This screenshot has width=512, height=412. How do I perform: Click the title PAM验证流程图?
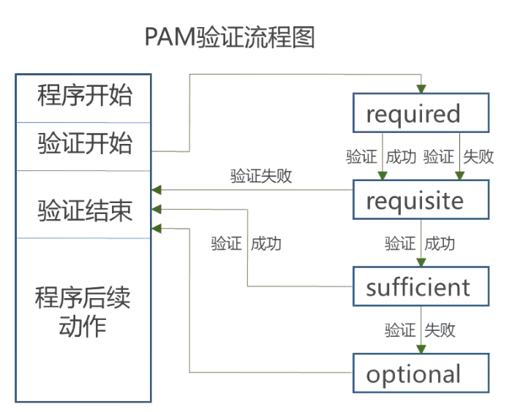[229, 37]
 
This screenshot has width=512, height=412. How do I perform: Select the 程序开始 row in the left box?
[83, 96]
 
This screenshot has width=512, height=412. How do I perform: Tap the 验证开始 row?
[83, 144]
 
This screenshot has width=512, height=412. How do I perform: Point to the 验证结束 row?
[83, 211]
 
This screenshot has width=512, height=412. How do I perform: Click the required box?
[420, 113]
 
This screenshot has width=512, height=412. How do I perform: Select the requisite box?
[420, 199]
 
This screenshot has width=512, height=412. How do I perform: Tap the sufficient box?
[420, 286]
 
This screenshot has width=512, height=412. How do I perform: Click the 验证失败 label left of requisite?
[261, 175]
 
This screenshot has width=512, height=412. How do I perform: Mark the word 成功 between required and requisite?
[401, 156]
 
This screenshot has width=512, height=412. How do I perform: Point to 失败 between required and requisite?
[479, 156]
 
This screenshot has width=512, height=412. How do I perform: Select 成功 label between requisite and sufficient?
[440, 243]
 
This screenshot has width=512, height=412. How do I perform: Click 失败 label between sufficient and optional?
[440, 330]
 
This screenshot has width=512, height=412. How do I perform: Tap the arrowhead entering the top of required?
[421, 88]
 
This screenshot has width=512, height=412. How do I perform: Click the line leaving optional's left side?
[293, 373]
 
